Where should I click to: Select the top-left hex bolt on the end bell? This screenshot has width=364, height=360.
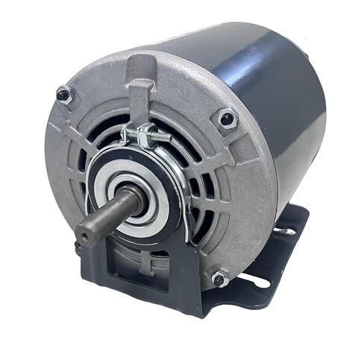tap(64, 95)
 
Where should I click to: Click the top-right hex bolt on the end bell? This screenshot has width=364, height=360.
tap(226, 118)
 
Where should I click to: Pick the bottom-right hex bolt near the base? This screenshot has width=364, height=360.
tap(219, 279)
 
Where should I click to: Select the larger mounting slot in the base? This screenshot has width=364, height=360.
tap(257, 281)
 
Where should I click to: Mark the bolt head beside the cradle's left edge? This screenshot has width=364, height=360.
tap(78, 243)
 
